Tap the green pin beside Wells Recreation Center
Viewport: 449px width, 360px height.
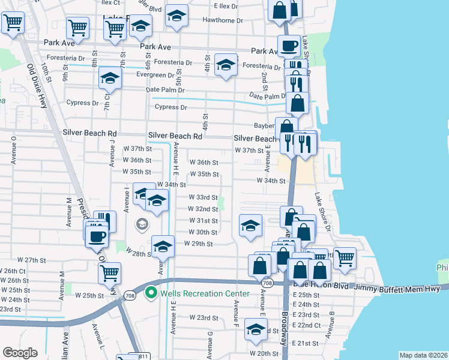click(x=152, y=293)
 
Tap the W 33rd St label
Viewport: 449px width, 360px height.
click(x=203, y=197)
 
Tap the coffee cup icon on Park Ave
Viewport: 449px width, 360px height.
click(x=289, y=45)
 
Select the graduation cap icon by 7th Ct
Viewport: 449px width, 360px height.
click(x=110, y=77)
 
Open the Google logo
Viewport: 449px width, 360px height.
click(x=20, y=353)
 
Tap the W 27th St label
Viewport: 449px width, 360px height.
click(x=32, y=260)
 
